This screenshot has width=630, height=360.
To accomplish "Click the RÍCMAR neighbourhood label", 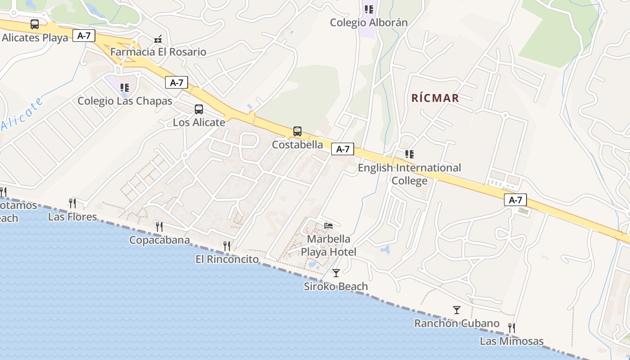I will tap(435, 98).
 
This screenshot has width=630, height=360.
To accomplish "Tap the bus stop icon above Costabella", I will tap(297, 131).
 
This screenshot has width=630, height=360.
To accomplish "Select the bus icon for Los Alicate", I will tap(199, 109).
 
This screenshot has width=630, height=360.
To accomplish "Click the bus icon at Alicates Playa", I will tap(35, 24).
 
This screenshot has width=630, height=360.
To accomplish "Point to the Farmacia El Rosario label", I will tap(158, 52).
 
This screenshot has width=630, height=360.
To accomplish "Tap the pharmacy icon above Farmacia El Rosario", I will tap(158, 39).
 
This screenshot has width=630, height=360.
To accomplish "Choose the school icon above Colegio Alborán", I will tap(369, 9).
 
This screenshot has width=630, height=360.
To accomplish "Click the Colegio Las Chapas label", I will tap(125, 101).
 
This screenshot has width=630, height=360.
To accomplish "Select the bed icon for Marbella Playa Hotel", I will tap(328, 225).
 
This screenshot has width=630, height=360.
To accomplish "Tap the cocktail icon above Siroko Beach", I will tap(336, 273).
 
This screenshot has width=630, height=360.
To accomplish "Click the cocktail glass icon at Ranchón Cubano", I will tap(457, 310).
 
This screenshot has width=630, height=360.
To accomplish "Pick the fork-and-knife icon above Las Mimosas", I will tap(511, 328).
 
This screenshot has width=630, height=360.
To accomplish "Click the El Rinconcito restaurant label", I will tap(227, 259).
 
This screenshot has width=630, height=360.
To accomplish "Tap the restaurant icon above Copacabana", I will tap(159, 226).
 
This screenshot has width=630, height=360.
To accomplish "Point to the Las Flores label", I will tap(72, 217).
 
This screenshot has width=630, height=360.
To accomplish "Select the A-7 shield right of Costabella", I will tap(342, 149).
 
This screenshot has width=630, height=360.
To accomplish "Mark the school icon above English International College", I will tap(409, 154).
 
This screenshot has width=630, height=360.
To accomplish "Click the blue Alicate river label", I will tap(22, 114).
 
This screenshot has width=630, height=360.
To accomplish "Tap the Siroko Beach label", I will tap(336, 286).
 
